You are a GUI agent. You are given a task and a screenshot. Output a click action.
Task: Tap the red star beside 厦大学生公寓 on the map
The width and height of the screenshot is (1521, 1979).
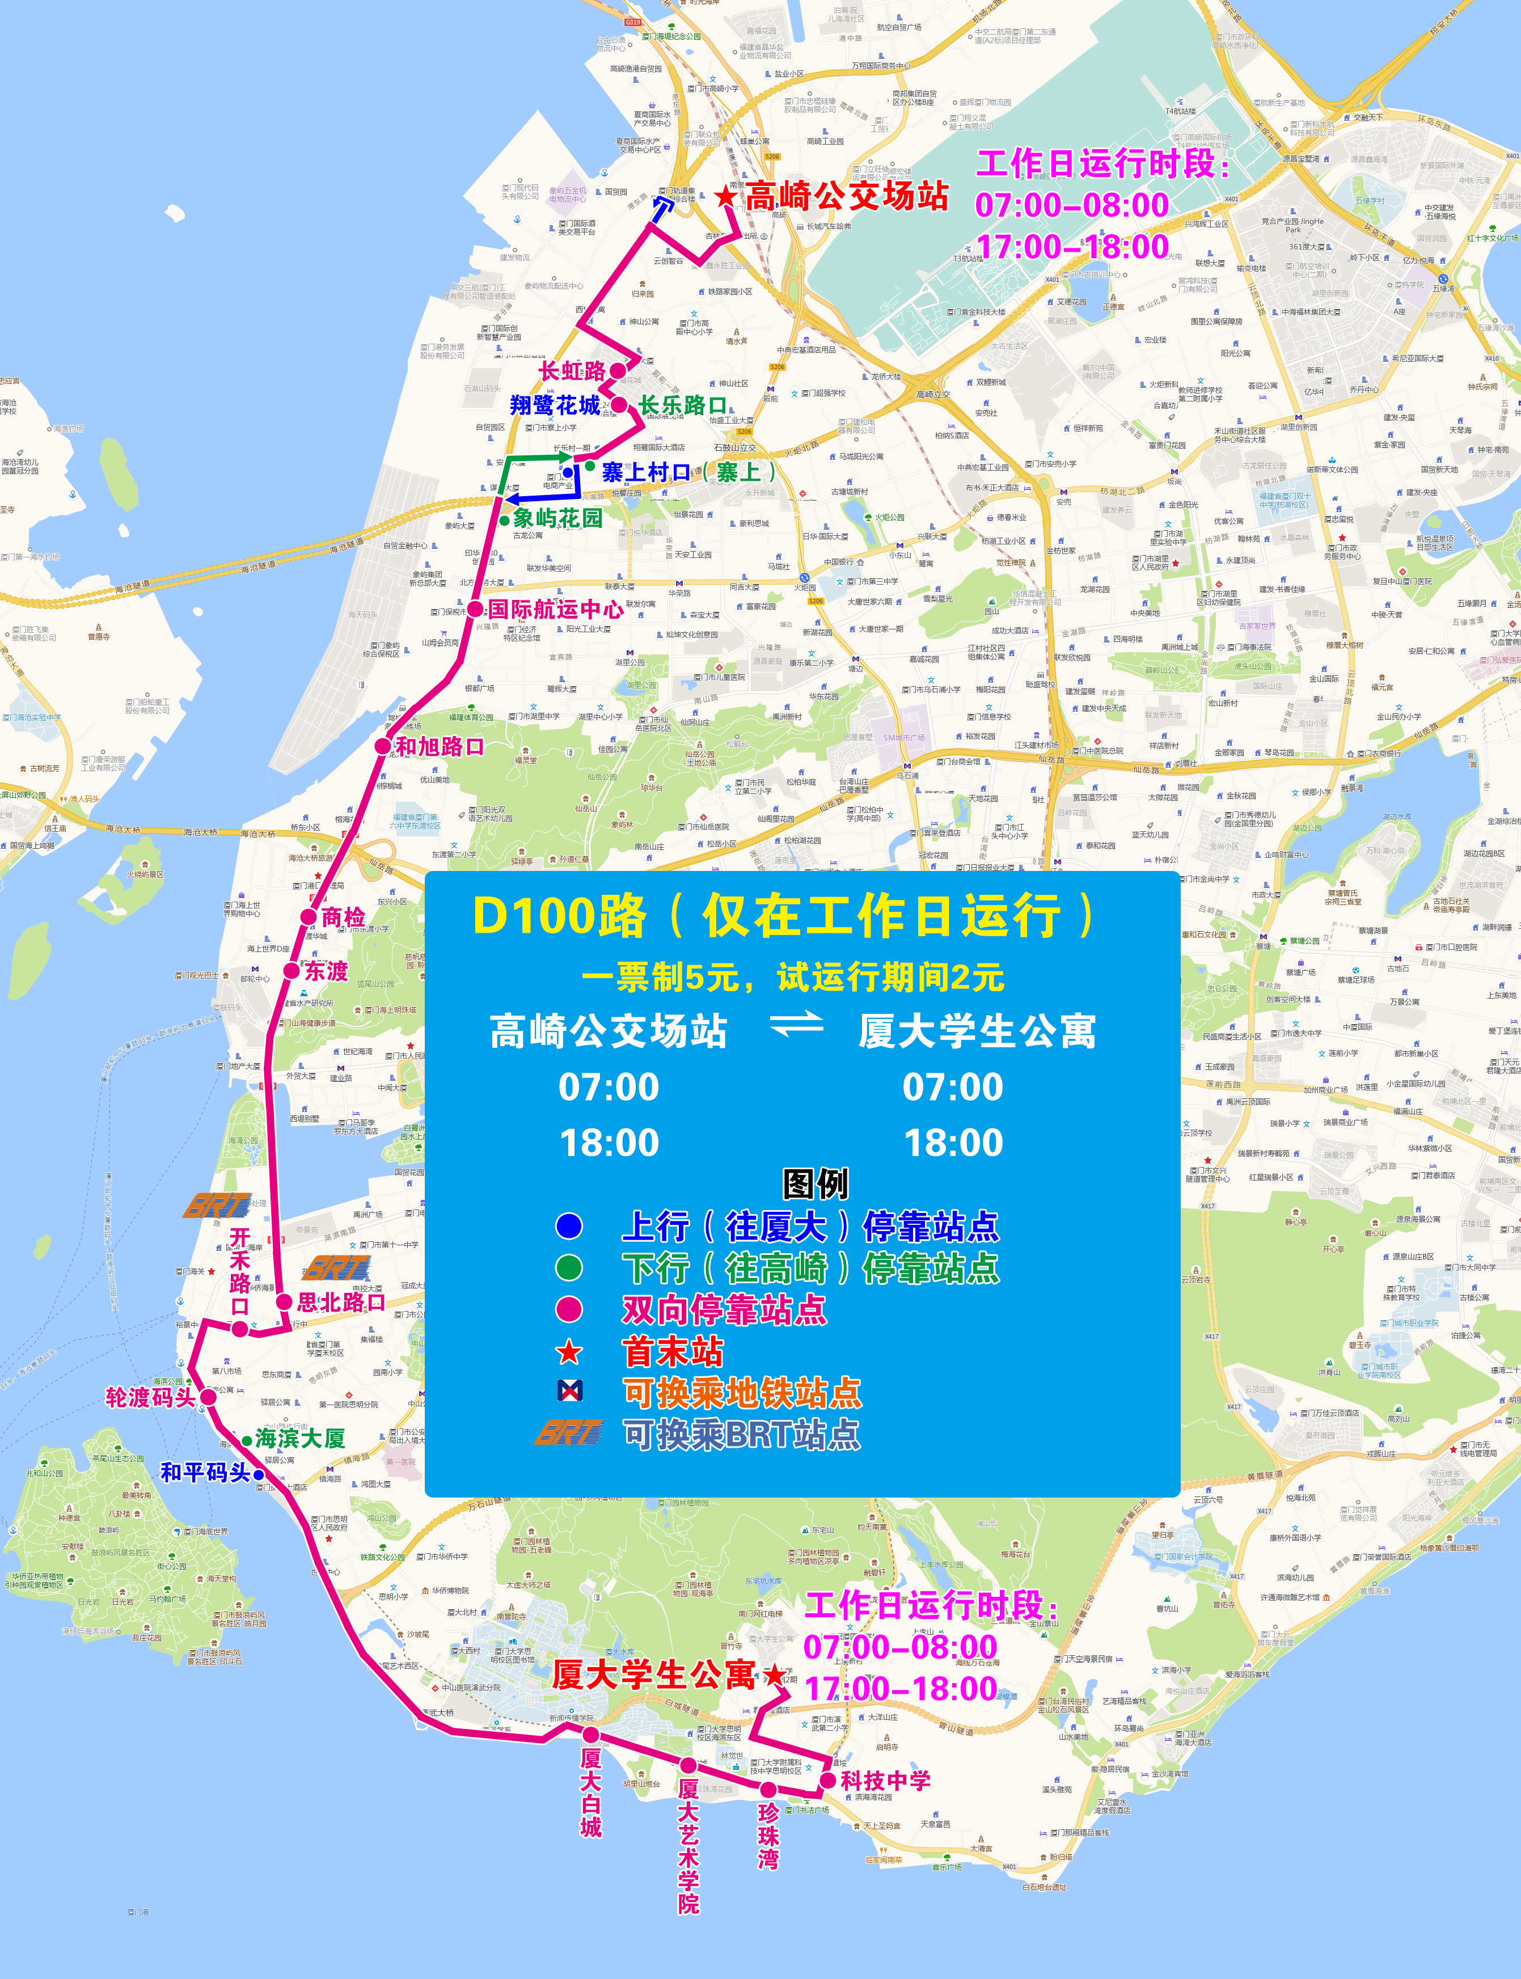click(x=774, y=1675)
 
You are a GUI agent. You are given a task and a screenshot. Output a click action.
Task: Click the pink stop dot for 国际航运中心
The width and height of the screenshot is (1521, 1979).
click(x=475, y=609)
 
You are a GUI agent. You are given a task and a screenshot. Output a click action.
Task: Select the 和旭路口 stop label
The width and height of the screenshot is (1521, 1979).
click(x=440, y=747)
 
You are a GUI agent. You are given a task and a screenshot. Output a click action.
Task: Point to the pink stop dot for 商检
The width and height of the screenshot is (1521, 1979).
click(x=309, y=917)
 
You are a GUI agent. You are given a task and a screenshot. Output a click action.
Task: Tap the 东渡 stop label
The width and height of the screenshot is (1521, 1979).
click(x=326, y=971)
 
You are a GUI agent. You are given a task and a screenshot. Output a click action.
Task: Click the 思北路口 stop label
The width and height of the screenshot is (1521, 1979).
click(x=341, y=1302)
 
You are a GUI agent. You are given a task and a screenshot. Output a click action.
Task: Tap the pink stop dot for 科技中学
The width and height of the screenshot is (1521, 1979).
click(x=827, y=1780)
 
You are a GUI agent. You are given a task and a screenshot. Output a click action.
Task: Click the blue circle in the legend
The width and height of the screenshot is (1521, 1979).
click(x=569, y=1227)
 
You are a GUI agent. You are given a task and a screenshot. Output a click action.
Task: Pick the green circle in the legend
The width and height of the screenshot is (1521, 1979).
click(x=569, y=1267)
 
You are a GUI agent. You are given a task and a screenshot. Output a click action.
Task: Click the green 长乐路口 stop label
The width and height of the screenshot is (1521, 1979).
click(x=683, y=405)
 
